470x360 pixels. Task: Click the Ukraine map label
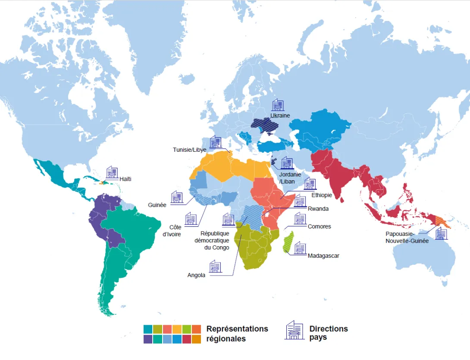click(280, 116)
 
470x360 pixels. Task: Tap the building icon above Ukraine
click(278, 105)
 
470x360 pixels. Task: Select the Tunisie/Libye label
click(190, 150)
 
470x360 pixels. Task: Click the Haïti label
click(125, 179)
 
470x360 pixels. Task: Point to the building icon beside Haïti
click(112, 172)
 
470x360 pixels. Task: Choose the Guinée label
click(157, 205)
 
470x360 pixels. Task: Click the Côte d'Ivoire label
click(172, 230)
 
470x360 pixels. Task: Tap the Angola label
click(196, 275)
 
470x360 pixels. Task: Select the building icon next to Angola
click(215, 266)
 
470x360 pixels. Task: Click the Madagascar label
click(323, 256)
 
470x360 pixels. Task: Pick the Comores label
click(320, 226)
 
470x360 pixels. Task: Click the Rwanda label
click(318, 209)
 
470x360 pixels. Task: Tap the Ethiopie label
click(321, 195)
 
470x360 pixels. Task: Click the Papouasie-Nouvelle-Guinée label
click(407, 238)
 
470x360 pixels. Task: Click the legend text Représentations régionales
click(237, 333)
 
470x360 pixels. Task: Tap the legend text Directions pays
click(328, 333)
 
